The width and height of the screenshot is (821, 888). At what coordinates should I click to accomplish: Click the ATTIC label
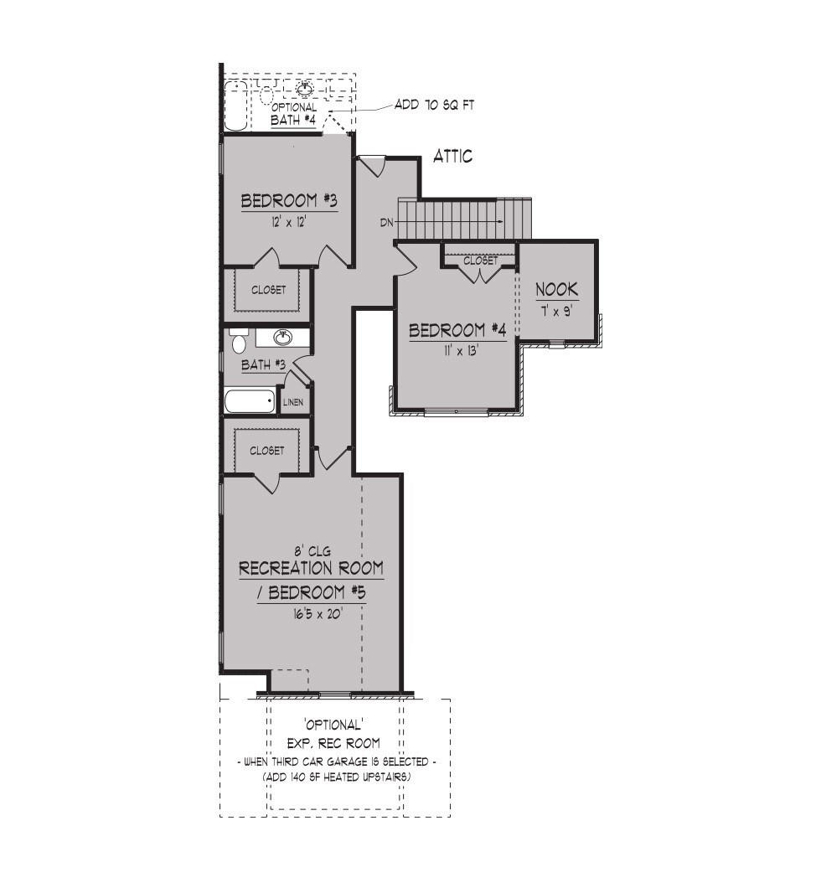[x=452, y=157]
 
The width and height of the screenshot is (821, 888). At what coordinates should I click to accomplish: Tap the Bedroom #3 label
[x=289, y=200]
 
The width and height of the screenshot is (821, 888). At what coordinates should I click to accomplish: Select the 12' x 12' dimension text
[x=289, y=222]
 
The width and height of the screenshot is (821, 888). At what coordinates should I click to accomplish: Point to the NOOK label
[x=557, y=289]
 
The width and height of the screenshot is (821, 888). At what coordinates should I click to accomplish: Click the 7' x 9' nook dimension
[x=557, y=311]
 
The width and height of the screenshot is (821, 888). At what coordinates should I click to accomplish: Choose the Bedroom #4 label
[x=457, y=330]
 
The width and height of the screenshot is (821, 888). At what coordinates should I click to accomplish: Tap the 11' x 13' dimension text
[x=457, y=351]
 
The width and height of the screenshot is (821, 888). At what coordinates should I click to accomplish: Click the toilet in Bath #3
[x=239, y=340]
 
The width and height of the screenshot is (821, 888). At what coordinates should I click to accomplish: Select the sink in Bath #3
[x=282, y=338]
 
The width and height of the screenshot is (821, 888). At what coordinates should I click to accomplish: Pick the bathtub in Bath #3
[x=250, y=401]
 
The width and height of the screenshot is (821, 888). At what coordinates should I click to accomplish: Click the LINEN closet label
[x=293, y=402]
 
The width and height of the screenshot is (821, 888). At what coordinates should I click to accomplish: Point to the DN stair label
[x=387, y=223]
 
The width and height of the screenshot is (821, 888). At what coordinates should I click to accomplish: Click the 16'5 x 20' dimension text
[x=319, y=613]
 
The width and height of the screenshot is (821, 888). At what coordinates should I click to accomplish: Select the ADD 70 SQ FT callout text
[x=434, y=105]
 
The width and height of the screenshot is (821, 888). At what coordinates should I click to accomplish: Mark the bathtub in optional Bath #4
[x=235, y=106]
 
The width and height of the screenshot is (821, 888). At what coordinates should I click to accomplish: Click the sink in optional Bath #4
[x=305, y=89]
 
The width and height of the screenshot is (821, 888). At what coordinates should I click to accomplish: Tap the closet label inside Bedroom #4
[x=481, y=261]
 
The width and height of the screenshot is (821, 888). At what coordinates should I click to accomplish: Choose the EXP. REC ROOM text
[x=333, y=743]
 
